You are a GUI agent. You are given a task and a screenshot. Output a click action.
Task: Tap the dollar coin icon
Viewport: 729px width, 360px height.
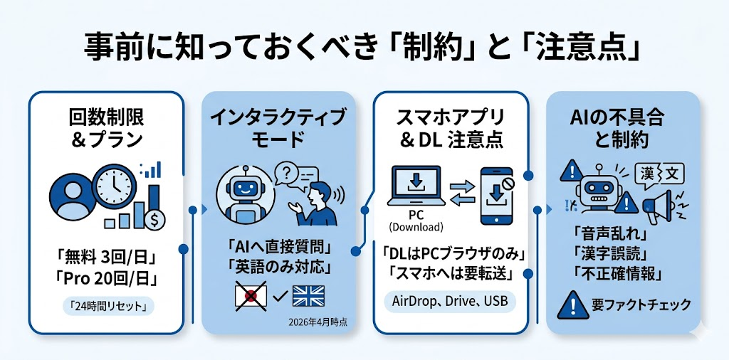coord(154,220)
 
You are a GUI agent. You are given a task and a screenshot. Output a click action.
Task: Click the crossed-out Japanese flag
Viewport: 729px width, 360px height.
coord(251,295)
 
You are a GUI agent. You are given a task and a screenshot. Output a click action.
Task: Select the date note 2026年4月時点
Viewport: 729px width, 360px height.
coord(318,322)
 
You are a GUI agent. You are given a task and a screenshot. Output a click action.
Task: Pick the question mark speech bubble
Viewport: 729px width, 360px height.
coord(286,172)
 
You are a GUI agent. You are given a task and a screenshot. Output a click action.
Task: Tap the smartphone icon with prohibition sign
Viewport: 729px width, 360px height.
coord(498,191)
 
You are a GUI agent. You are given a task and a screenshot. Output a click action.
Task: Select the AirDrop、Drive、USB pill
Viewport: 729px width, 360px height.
coord(451,300)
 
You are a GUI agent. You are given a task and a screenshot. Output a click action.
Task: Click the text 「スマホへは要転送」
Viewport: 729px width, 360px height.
coord(451,273)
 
